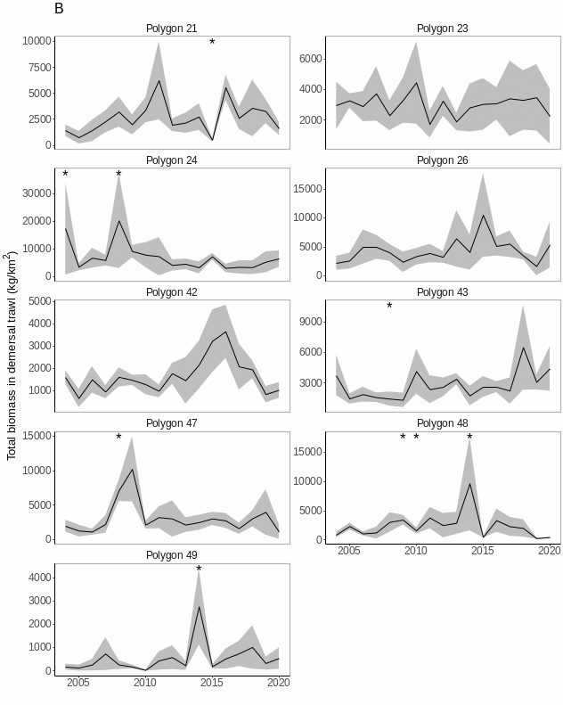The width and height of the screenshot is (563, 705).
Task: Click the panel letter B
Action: (59, 9)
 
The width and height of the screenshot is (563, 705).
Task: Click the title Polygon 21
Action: (172, 29)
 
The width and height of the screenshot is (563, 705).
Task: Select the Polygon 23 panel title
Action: (443, 29)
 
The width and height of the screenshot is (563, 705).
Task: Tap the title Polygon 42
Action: (172, 292)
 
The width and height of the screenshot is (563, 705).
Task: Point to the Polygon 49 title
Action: (172, 555)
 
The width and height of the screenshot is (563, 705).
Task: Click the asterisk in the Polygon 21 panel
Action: (212, 43)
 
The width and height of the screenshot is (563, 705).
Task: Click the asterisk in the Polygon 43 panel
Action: (389, 307)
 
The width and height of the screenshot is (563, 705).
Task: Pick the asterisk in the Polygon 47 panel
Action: (118, 438)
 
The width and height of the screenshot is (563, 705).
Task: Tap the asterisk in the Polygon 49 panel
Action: (199, 570)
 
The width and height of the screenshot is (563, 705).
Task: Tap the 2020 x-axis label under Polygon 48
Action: (550, 551)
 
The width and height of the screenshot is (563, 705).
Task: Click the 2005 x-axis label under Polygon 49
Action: (78, 683)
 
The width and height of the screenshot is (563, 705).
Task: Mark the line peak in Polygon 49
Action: (199, 606)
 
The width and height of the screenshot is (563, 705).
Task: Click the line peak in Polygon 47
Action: (132, 469)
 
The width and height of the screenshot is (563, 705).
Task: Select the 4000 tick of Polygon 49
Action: (39, 578)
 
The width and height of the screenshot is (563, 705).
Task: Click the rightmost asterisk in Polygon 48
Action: (469, 438)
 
